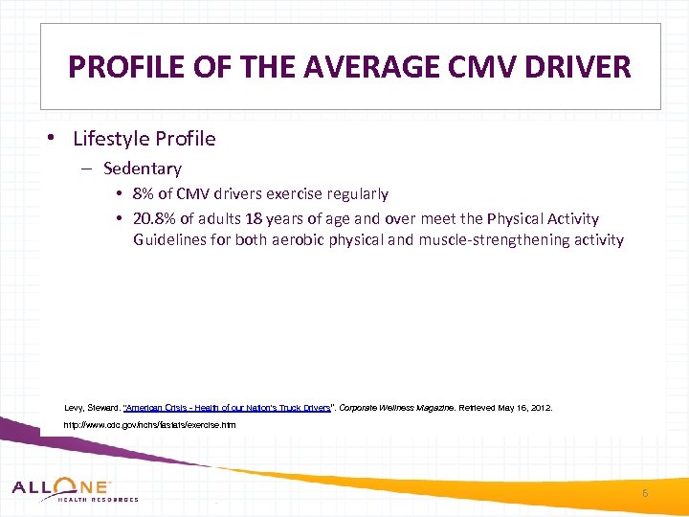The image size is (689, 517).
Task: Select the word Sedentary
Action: [x=143, y=169]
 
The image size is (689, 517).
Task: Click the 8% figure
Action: [x=145, y=194]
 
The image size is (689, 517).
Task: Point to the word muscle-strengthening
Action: [x=487, y=240]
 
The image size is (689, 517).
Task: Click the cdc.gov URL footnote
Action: [x=148, y=424]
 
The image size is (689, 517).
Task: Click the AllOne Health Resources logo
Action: [x=75, y=489]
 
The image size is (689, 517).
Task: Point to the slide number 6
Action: [x=645, y=493]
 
